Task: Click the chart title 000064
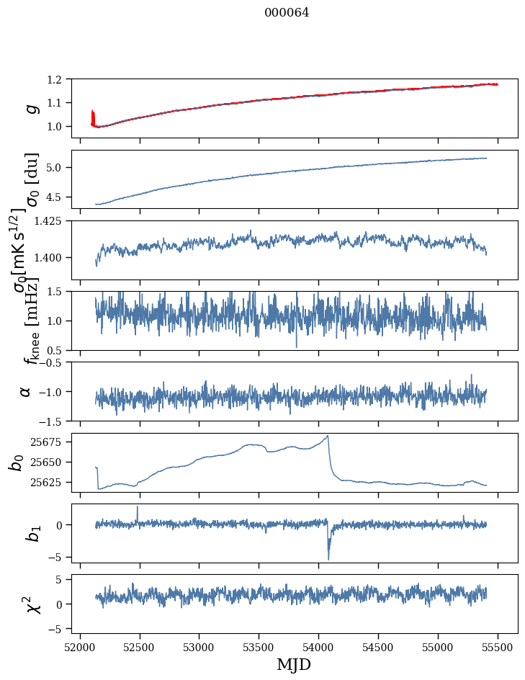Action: (x=287, y=13)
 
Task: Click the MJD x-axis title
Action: (x=294, y=664)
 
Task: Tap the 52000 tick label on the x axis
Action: (x=80, y=646)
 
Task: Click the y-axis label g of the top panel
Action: (x=31, y=108)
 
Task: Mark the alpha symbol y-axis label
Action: (x=25, y=391)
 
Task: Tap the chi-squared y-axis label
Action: (x=32, y=604)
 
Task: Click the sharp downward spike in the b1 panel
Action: (x=328, y=558)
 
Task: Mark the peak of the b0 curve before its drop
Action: (x=328, y=436)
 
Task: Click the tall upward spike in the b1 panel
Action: (x=138, y=507)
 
